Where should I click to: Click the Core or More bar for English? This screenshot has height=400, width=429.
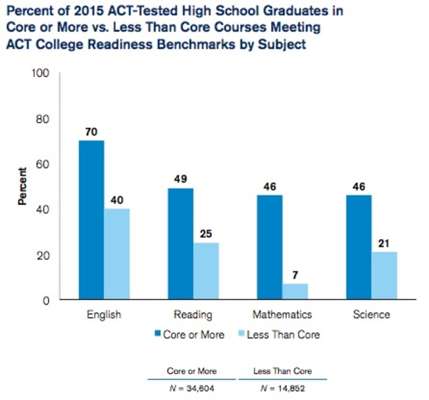(91, 220)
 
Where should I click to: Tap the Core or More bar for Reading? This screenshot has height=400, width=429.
(181, 244)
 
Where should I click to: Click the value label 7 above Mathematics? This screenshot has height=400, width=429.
(295, 275)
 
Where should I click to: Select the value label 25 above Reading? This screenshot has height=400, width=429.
(206, 234)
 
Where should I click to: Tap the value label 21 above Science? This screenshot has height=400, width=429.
(384, 243)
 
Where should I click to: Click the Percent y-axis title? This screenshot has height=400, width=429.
(23, 187)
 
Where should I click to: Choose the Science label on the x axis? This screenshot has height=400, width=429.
(372, 315)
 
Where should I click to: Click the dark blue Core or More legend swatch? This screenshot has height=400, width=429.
(157, 335)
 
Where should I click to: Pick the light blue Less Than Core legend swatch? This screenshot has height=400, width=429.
(241, 335)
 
